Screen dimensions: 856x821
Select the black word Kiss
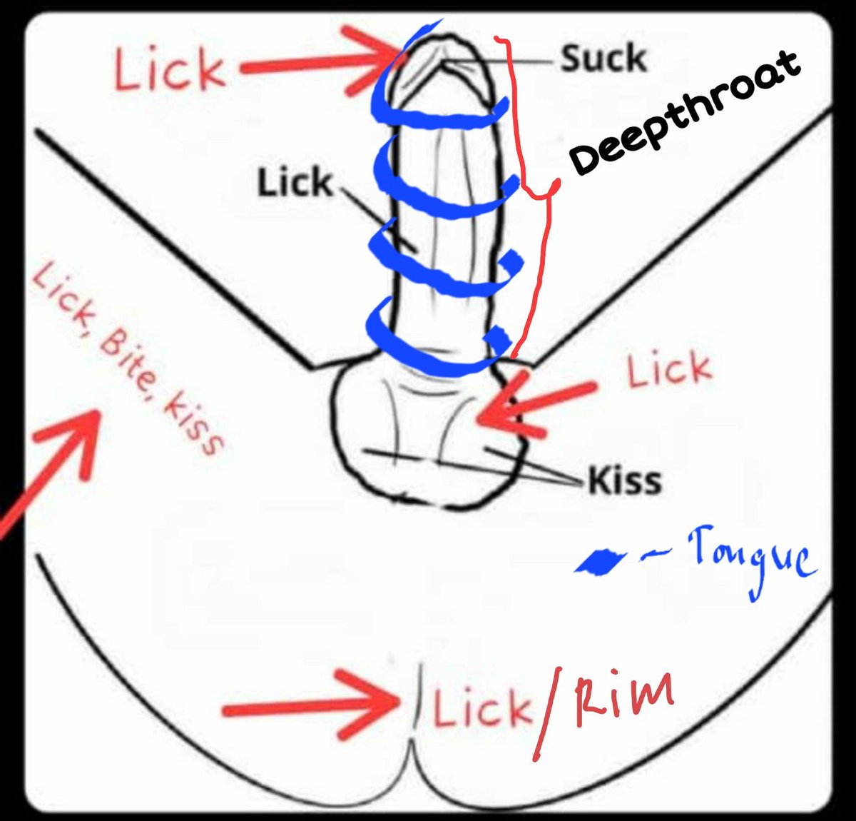pos(625,480)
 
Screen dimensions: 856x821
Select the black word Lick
pos(295,182)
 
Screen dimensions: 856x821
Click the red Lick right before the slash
pos(482,707)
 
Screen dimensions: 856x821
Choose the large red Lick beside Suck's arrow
pos(168,71)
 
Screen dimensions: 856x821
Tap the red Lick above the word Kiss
pos(668,369)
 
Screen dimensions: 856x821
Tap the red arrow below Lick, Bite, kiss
pos(49,473)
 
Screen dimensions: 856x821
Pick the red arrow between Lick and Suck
pos(321,61)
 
